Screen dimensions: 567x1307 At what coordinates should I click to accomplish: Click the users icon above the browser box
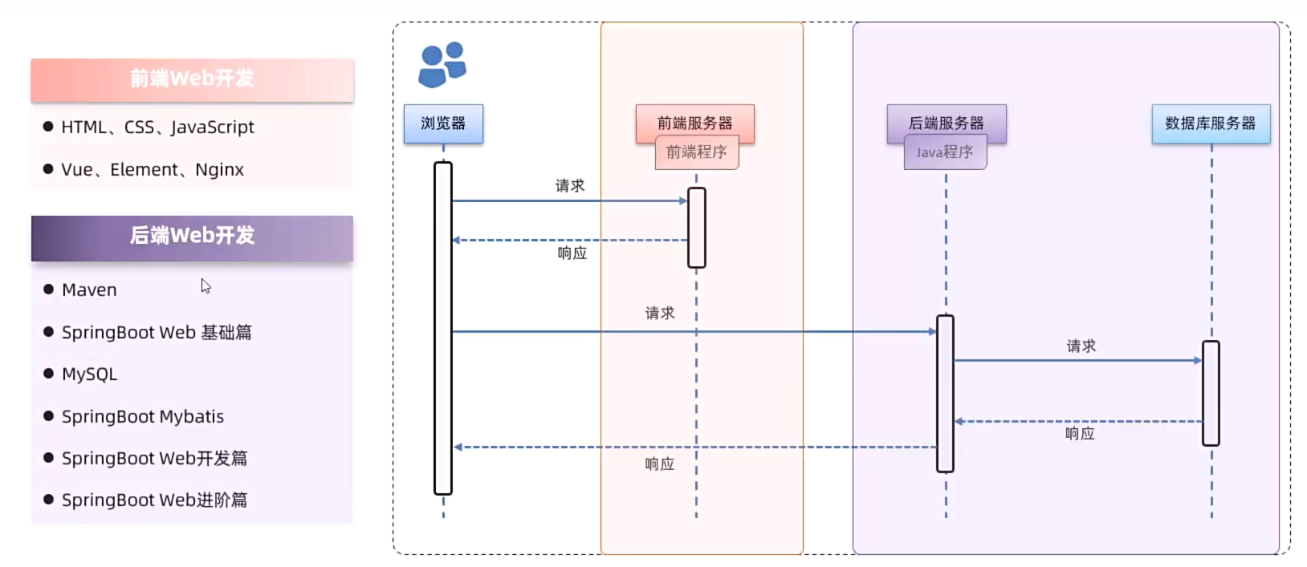[x=442, y=64]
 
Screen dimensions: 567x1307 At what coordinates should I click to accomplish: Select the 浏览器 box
[x=443, y=124]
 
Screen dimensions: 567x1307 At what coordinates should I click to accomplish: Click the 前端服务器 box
[x=694, y=123]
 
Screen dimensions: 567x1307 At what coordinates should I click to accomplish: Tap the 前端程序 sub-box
[x=697, y=152]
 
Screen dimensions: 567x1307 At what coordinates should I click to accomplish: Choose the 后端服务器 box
[x=946, y=123]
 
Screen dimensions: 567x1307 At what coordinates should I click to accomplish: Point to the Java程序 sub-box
[x=945, y=152]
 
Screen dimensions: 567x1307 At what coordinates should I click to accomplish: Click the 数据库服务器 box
[x=1211, y=124]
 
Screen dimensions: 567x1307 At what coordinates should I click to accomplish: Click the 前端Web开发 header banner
[x=192, y=79]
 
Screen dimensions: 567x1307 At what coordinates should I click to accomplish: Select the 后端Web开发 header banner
[x=192, y=236]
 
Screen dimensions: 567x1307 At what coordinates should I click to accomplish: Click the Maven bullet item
[x=89, y=290]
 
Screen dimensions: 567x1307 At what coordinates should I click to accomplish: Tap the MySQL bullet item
[x=89, y=375]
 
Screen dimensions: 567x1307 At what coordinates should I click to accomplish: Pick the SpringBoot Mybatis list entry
[x=142, y=417]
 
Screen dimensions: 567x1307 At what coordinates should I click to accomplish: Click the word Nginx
[x=219, y=170]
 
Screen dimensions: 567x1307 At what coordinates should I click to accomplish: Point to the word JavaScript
[x=212, y=128]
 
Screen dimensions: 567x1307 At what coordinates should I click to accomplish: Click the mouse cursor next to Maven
[x=206, y=286]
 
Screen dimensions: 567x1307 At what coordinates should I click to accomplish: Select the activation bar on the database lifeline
[x=1211, y=393]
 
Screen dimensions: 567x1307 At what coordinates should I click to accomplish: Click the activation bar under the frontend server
[x=696, y=228]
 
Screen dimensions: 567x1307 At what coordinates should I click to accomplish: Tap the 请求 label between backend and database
[x=1081, y=346]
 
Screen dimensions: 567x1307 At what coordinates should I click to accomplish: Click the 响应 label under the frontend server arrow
[x=572, y=253]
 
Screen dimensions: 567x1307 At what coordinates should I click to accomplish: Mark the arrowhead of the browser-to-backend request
[x=932, y=331]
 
